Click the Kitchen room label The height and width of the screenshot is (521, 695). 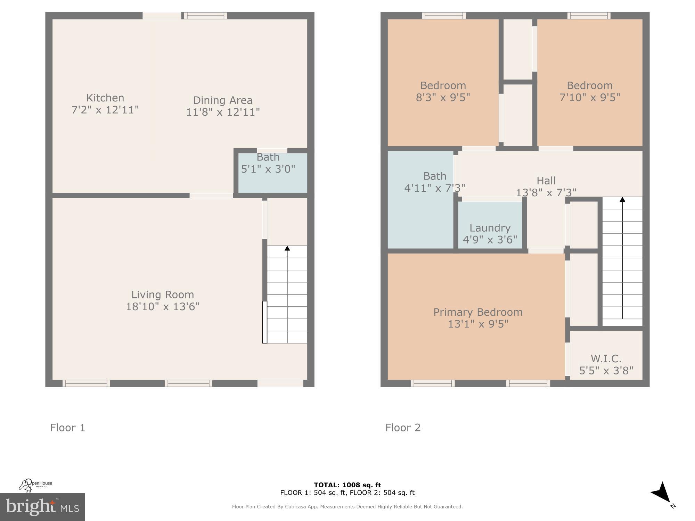click(105, 98)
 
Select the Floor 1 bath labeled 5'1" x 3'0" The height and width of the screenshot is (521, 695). click(268, 163)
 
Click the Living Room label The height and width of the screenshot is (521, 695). click(163, 295)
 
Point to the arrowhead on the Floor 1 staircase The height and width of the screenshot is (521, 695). click(287, 248)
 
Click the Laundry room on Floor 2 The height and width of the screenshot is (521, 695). click(490, 233)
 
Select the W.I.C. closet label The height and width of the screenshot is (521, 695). click(606, 358)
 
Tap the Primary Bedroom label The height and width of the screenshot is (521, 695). click(478, 312)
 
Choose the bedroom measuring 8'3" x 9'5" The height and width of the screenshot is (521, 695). click(443, 91)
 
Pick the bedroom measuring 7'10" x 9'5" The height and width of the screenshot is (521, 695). click(589, 91)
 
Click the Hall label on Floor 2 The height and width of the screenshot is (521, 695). click(546, 181)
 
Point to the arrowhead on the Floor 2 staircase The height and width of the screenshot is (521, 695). click(622, 199)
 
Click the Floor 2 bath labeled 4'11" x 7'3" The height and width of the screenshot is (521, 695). click(434, 182)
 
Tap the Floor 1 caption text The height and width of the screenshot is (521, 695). click(67, 428)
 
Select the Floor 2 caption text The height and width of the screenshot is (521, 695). click(403, 428)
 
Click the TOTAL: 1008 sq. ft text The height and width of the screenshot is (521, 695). click(347, 485)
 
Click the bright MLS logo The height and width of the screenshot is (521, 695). click(42, 507)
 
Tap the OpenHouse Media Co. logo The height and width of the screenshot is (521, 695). click(35, 485)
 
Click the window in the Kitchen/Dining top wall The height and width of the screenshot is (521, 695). click(205, 15)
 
